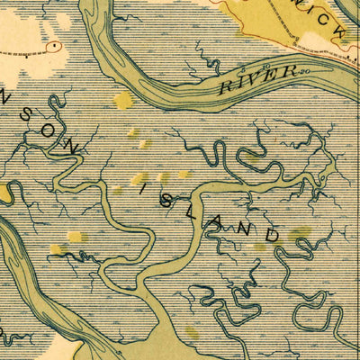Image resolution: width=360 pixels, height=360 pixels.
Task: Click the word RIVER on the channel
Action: point(260,79)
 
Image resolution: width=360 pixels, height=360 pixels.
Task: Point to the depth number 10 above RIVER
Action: point(248,67)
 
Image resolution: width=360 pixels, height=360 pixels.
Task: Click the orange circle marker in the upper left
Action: point(56,43)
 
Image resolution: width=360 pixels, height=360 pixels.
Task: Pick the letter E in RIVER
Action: point(268,76)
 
